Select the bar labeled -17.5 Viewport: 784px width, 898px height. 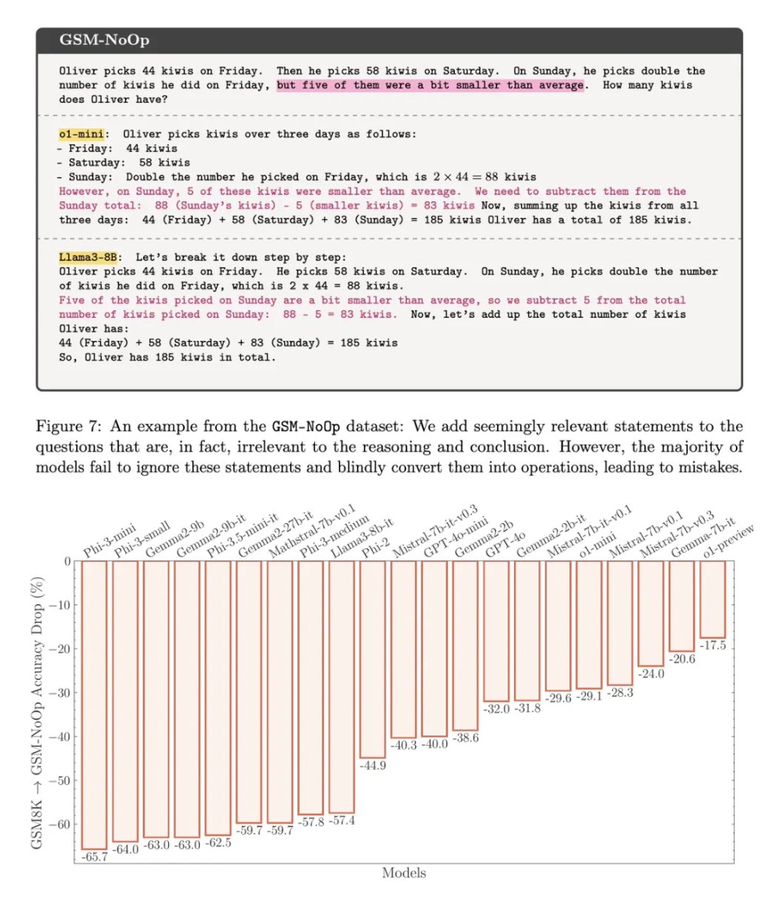713,599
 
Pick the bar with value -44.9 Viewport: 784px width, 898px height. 372,659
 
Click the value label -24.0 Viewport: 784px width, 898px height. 651,674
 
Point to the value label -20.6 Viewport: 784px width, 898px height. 683,659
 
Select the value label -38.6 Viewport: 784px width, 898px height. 465,738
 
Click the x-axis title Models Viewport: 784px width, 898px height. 404,873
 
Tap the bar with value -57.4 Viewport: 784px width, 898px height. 341,687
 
